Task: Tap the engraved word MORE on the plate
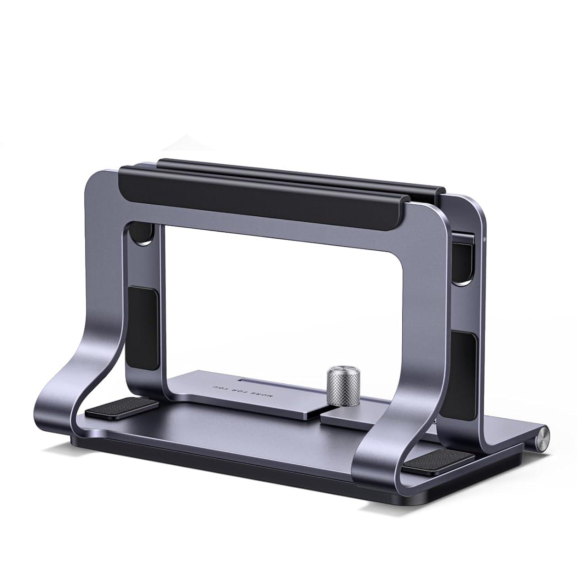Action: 263,395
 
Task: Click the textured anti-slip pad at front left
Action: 122,409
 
